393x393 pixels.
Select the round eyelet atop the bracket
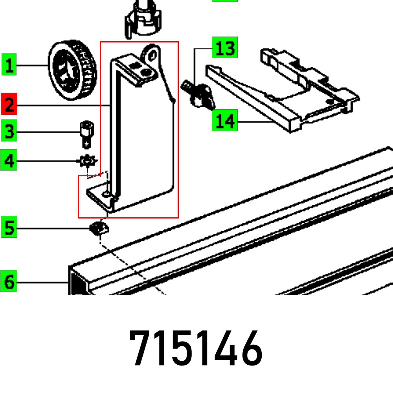[152, 52]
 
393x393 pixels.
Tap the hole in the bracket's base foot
[105, 194]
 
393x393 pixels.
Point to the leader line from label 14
[255, 122]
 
